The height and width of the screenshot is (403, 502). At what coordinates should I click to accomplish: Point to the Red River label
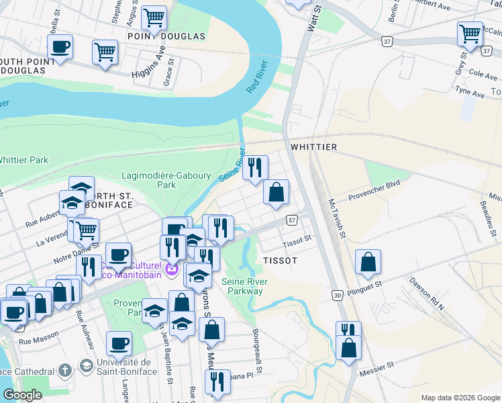257,77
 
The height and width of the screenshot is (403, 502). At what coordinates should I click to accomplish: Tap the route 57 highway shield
292,220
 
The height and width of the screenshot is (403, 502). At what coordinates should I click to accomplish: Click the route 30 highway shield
336,294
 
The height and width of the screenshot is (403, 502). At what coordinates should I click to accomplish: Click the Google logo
22,395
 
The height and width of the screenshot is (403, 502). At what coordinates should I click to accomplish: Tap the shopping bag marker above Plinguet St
368,261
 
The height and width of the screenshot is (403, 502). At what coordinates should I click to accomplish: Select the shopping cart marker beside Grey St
470,33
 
